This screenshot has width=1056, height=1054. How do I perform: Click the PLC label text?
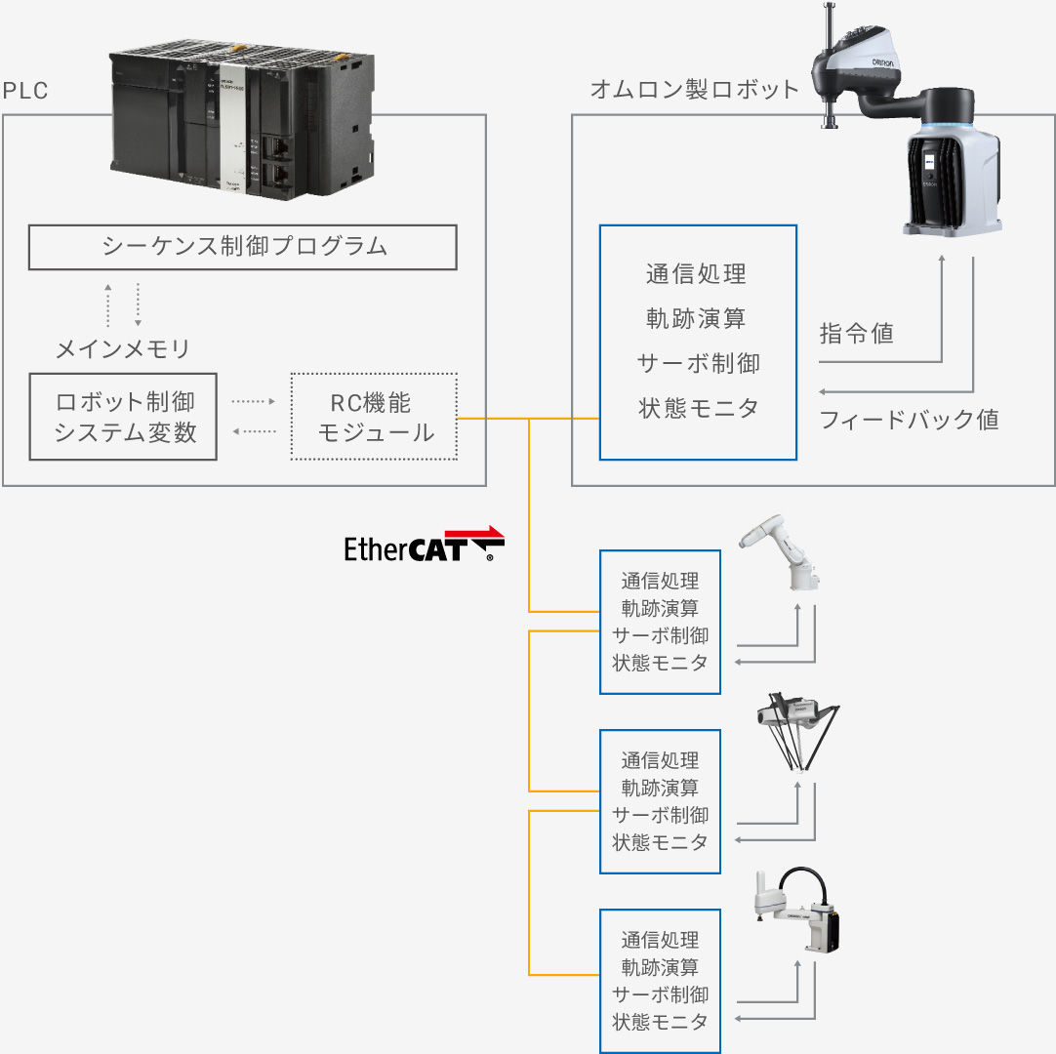click(25, 90)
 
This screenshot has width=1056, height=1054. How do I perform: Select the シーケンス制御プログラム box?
click(242, 247)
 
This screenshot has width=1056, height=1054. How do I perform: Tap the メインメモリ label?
click(123, 348)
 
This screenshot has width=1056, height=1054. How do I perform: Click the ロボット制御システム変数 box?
click(123, 417)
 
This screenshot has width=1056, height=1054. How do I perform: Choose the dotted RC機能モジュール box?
click(374, 417)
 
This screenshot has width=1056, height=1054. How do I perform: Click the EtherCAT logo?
click(425, 545)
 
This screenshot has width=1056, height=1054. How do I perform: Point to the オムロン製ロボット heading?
click(694, 89)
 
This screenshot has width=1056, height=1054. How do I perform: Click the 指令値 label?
click(857, 334)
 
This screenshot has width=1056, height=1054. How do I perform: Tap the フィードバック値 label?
click(910, 420)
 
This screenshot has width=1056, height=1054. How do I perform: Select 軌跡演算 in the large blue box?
click(697, 318)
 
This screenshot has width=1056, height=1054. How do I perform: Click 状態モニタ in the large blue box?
click(699, 408)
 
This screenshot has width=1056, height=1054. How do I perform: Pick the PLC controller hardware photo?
click(242, 119)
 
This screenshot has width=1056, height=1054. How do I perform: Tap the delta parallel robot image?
click(798, 733)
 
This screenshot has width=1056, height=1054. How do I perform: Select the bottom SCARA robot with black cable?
click(796, 910)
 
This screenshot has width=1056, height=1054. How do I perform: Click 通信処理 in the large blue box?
click(697, 274)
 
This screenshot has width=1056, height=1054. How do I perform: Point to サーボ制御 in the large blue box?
click(699, 364)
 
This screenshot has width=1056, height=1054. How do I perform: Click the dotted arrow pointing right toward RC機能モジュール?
click(253, 401)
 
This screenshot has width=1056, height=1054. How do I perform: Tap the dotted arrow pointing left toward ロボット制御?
click(255, 431)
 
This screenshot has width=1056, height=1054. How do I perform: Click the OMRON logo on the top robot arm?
click(883, 62)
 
